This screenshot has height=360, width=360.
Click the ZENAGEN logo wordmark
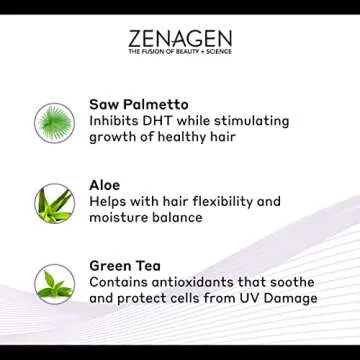click(179, 43)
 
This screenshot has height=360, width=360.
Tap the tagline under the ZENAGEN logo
click(179, 63)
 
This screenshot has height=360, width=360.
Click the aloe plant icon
click(55, 204)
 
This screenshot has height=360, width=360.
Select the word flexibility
click(241, 201)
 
